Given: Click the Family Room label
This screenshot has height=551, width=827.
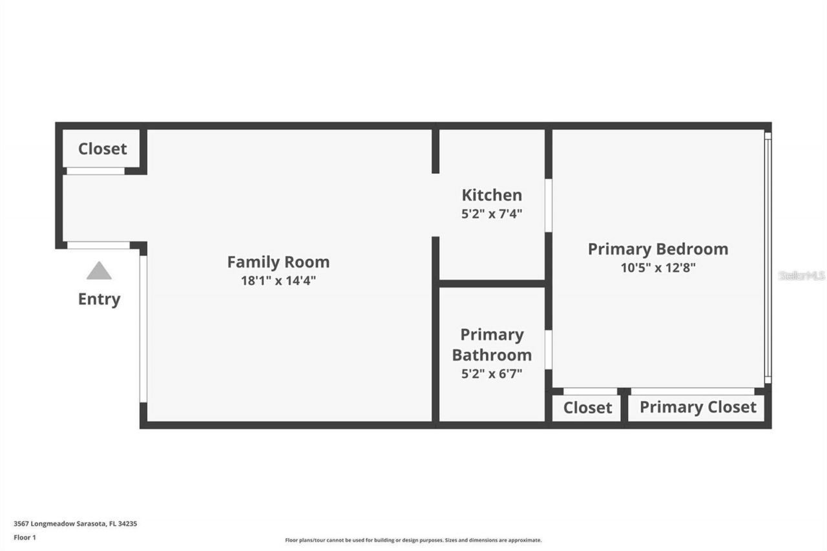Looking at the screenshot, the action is point(278,262).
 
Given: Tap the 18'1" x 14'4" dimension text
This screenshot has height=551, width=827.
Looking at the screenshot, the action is point(278,280).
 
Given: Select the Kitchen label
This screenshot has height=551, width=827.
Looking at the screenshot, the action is point(492,195).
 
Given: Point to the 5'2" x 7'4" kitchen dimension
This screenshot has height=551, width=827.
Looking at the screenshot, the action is point(492,214).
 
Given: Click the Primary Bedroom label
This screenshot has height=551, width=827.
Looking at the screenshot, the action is point(658,249).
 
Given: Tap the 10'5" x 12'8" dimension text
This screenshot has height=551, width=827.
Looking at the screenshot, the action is point(658,267).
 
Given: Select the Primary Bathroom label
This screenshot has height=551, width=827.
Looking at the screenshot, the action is point(492,345).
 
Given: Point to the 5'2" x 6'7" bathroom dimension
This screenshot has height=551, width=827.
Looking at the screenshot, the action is point(492,373).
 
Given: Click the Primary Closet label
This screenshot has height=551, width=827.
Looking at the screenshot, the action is point(698,408).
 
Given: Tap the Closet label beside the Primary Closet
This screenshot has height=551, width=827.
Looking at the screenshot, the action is point(587,408).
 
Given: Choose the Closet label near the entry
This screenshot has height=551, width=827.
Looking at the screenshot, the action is point(103,149).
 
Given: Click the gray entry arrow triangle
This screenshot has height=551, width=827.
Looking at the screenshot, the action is point(99,271).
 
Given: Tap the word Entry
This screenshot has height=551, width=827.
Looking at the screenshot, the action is point(99,299).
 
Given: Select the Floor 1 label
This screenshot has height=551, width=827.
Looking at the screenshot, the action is point(25,537).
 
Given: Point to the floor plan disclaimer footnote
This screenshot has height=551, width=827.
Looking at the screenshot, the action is point(413,540).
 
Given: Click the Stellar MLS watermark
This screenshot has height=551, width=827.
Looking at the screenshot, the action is point(802,276).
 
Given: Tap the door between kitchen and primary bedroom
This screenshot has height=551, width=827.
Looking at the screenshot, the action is point(549,205).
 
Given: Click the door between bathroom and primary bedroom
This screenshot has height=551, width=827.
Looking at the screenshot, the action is point(549,349).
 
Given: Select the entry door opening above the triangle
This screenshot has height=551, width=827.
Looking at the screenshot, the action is point(98,245).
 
